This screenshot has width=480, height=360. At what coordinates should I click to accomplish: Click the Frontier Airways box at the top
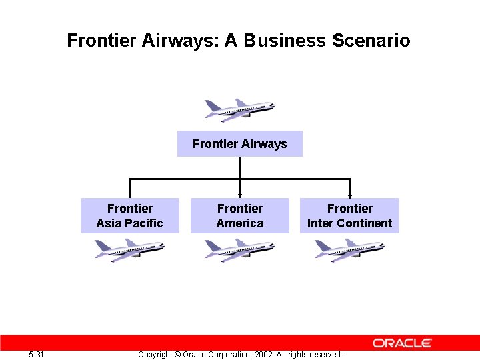pos(239,144)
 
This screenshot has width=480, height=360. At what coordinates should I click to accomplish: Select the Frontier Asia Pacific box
pos(129,216)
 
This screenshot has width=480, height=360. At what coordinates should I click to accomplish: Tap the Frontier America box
pos(239,216)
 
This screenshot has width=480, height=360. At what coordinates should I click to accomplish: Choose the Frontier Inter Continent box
pos(349,216)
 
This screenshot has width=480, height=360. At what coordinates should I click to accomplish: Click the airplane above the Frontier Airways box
pos(239,109)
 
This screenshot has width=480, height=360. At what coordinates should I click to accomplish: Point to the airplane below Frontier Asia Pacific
pos(129,251)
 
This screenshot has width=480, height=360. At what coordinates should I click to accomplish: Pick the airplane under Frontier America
pos(239,251)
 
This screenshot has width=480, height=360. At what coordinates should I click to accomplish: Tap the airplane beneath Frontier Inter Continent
pos(349,251)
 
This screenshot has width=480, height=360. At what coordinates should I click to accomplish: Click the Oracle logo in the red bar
pos(402,343)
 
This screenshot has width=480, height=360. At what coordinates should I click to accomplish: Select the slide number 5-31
pos(37,355)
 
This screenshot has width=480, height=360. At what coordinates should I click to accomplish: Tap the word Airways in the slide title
pos(181,41)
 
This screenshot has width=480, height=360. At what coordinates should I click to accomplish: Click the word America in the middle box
pos(239,223)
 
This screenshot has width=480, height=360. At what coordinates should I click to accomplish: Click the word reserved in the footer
pos(324,355)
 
